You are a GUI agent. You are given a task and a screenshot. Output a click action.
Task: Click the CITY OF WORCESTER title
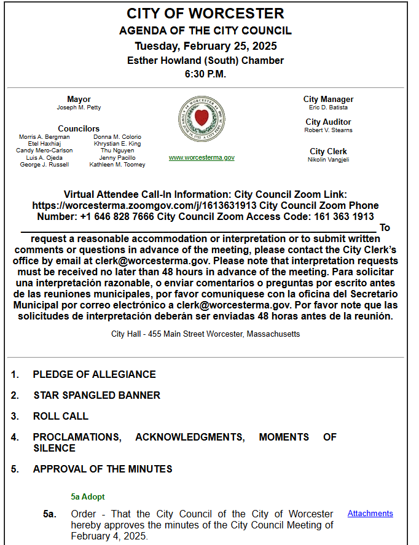(x=205, y=14)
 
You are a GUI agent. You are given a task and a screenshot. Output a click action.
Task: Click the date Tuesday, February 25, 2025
(x=205, y=46)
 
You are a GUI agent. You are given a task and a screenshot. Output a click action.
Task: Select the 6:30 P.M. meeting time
(x=205, y=74)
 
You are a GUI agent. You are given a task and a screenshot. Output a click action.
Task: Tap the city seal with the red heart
(x=202, y=119)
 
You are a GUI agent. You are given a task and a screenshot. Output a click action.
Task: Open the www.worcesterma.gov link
(x=202, y=158)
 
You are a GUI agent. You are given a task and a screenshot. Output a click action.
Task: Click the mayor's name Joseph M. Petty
(x=79, y=108)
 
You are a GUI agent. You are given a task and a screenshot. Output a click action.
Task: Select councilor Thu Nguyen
(x=117, y=151)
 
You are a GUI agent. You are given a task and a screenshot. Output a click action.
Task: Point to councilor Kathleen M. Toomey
(x=117, y=165)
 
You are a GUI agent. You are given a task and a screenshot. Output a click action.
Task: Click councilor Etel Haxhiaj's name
(x=44, y=144)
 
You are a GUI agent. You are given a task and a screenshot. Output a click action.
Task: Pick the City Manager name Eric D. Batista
(x=328, y=108)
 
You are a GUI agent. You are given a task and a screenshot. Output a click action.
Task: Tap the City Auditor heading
(x=328, y=122)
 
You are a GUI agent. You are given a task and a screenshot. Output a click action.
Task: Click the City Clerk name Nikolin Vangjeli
(x=328, y=160)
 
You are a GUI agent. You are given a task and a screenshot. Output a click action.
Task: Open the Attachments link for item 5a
(x=370, y=514)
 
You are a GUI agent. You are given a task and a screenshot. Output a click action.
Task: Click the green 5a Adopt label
(x=87, y=496)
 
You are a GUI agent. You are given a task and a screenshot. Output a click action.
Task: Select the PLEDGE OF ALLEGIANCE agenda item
(x=94, y=374)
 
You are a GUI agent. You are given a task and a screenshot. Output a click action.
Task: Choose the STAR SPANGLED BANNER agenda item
(x=96, y=395)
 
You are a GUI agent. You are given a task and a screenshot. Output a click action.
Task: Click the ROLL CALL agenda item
(x=60, y=416)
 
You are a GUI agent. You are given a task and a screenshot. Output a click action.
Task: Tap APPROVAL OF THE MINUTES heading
(x=102, y=469)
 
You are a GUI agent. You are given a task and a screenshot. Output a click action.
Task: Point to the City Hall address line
(x=205, y=334)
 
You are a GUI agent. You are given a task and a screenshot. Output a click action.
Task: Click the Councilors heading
(x=79, y=129)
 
